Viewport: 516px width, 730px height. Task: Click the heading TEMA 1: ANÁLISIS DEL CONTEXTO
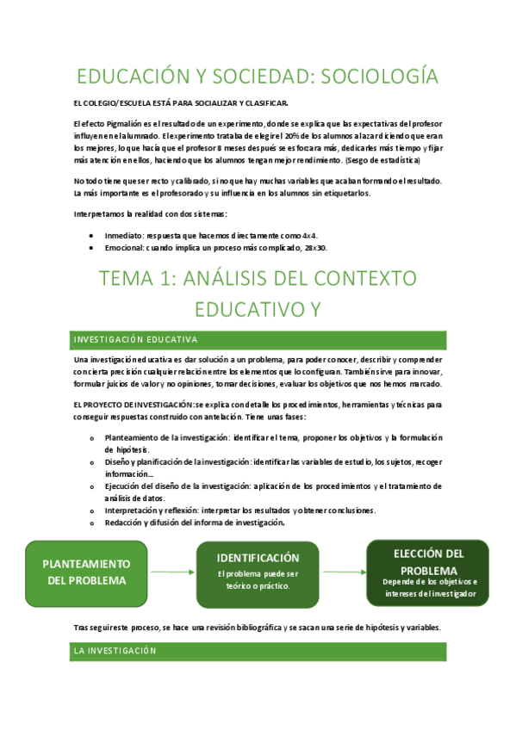[x=258, y=278]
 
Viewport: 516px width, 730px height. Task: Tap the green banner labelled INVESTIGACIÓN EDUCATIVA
[x=258, y=339]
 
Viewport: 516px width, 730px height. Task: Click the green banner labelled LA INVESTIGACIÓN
[x=258, y=652]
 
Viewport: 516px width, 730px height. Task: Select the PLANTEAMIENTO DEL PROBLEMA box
[x=87, y=572]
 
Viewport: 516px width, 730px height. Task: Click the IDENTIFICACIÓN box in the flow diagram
[x=258, y=572]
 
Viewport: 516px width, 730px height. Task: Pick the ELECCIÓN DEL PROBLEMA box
[x=427, y=572]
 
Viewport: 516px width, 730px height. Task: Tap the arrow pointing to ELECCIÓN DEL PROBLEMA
[x=342, y=572]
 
